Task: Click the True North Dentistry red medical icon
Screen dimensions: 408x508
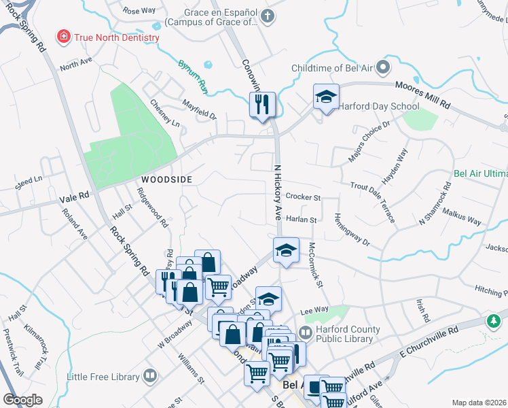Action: point(64,36)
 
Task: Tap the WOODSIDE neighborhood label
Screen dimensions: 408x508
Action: point(167,180)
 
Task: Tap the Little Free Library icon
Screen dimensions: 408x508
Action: point(149,375)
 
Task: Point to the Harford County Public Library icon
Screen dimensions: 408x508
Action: point(305,333)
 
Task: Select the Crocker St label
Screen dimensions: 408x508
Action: point(303,197)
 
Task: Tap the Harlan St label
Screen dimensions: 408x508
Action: point(302,220)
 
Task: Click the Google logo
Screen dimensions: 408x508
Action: point(22,400)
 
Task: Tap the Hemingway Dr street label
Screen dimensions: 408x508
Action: point(351,230)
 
